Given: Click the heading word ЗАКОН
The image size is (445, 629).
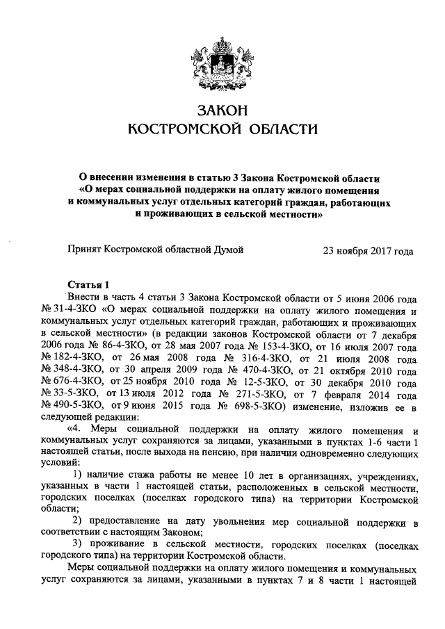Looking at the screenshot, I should click(222, 111).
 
